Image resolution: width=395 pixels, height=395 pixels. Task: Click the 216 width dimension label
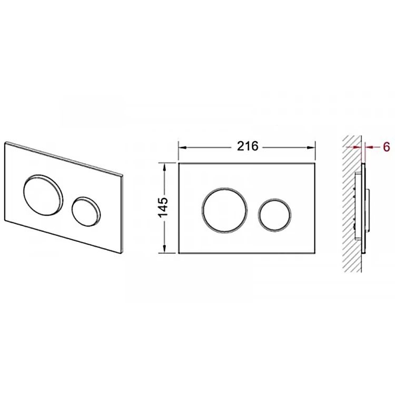pos(248,146)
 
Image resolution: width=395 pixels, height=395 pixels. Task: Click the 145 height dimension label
pos(163,208)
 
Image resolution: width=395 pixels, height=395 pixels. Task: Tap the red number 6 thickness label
pos(386,146)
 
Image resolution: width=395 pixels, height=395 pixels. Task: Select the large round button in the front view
pos(224,210)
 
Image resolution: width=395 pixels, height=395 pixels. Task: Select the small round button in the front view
pos(274,215)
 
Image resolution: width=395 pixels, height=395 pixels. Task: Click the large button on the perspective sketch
pos(43,194)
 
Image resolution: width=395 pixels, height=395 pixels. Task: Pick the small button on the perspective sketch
pos(86,211)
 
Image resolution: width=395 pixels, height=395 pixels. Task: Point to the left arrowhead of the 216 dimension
pos(182,147)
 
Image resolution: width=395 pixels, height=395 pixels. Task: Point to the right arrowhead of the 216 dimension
pos(311,147)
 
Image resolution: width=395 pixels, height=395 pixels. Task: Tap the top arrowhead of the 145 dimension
pos(164,167)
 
